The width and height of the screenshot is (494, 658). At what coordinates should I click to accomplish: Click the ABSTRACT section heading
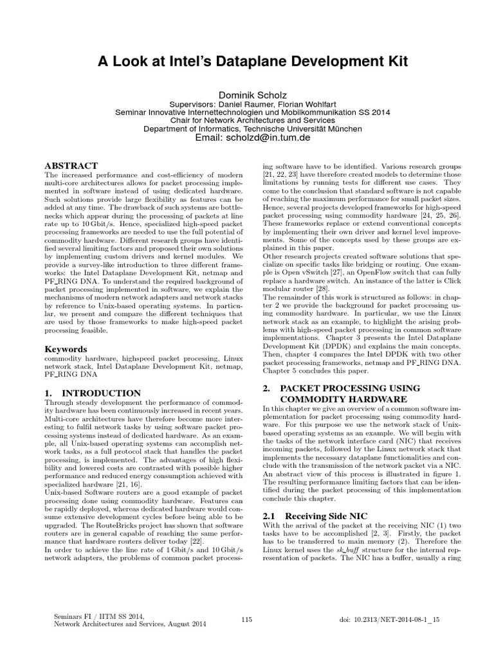pyautogui.click(x=71, y=166)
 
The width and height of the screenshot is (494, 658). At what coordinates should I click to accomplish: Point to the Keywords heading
pyautogui.click(x=65, y=349)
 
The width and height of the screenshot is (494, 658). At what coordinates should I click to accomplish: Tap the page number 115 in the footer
pyautogui.click(x=246, y=619)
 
